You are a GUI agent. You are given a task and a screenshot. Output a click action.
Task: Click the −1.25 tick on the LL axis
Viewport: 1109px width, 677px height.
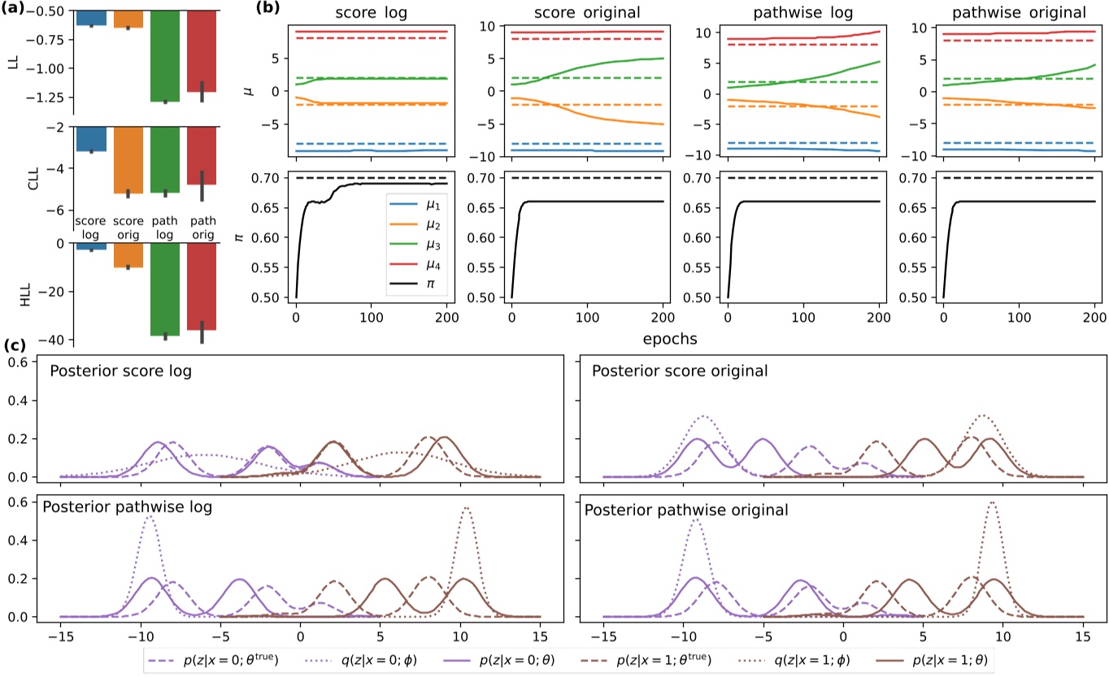point(50,97)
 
